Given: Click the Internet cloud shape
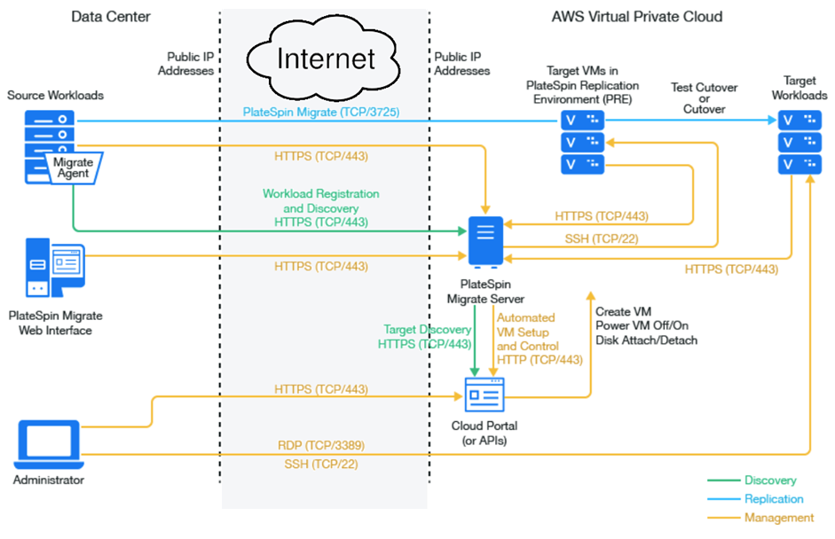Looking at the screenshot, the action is [323, 58].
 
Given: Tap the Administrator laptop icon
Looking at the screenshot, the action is [49, 444].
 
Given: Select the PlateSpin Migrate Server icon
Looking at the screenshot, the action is [485, 242].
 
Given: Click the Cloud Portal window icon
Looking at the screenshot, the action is [484, 394].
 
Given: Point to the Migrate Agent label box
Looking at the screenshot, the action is [74, 168].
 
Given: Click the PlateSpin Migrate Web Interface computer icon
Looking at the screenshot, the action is [55, 268].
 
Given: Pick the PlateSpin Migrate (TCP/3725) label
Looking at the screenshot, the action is [321, 113].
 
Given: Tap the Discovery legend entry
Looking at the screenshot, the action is [770, 480].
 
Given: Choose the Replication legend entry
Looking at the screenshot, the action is [774, 499].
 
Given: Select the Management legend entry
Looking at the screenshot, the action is [779, 518].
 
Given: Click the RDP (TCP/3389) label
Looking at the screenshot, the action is [321, 445].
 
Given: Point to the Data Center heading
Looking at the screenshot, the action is [111, 17].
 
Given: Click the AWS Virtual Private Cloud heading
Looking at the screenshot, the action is [637, 17].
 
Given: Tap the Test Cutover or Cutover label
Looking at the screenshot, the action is [704, 98].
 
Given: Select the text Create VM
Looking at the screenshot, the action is [624, 312].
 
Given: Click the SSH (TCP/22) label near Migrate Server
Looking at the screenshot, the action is [602, 238].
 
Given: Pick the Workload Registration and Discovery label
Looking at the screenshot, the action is [321, 201].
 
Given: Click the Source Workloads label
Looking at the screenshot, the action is [55, 95].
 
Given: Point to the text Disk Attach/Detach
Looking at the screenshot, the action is [647, 340].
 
